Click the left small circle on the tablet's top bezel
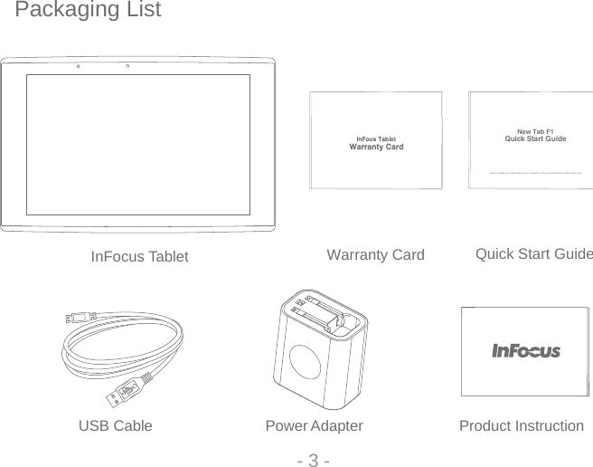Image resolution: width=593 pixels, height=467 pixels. [79, 66]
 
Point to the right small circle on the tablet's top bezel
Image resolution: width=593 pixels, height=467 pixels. [127, 66]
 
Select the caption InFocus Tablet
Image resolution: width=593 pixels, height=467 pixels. [140, 257]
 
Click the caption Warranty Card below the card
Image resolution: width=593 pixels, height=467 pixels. [374, 255]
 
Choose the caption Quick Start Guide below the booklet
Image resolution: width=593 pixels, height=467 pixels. [533, 253]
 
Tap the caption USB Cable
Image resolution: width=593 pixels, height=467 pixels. [116, 425]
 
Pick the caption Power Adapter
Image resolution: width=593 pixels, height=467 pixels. [314, 425]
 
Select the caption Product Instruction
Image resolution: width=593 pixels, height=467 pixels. [521, 425]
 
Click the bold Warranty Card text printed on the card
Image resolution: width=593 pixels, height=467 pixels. [376, 147]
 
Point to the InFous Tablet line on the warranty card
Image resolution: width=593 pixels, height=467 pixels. [376, 138]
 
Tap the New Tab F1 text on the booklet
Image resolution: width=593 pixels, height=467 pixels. [534, 131]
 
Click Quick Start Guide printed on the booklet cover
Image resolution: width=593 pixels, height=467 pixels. [534, 139]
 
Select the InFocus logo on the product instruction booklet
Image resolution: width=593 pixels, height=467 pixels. [525, 351]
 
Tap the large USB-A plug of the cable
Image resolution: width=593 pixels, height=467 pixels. [125, 391]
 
